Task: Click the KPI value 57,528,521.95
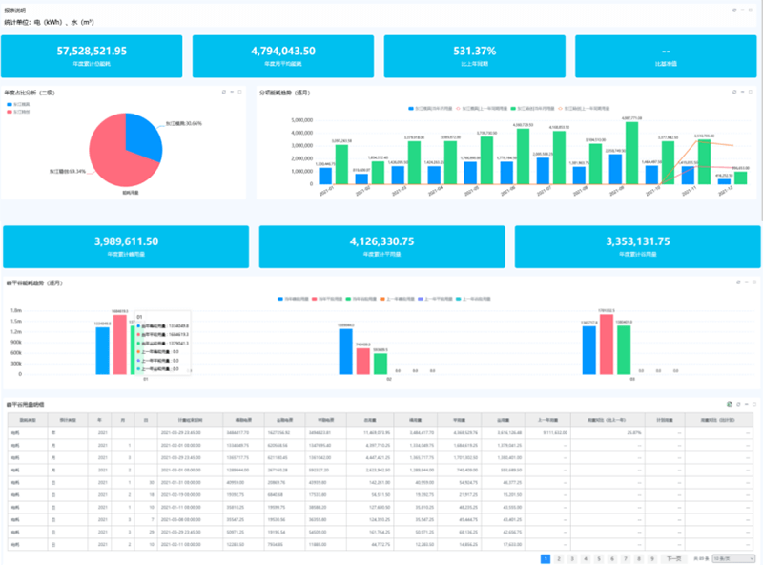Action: (x=93, y=52)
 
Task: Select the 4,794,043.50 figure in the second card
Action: (x=283, y=52)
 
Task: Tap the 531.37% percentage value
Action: (x=474, y=52)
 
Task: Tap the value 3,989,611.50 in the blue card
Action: (x=126, y=241)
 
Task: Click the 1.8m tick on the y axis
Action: (x=16, y=310)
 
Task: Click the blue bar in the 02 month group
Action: (x=346, y=353)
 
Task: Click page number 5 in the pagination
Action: (x=598, y=557)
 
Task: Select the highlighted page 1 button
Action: (x=545, y=557)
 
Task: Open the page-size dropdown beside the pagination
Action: (x=738, y=557)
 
